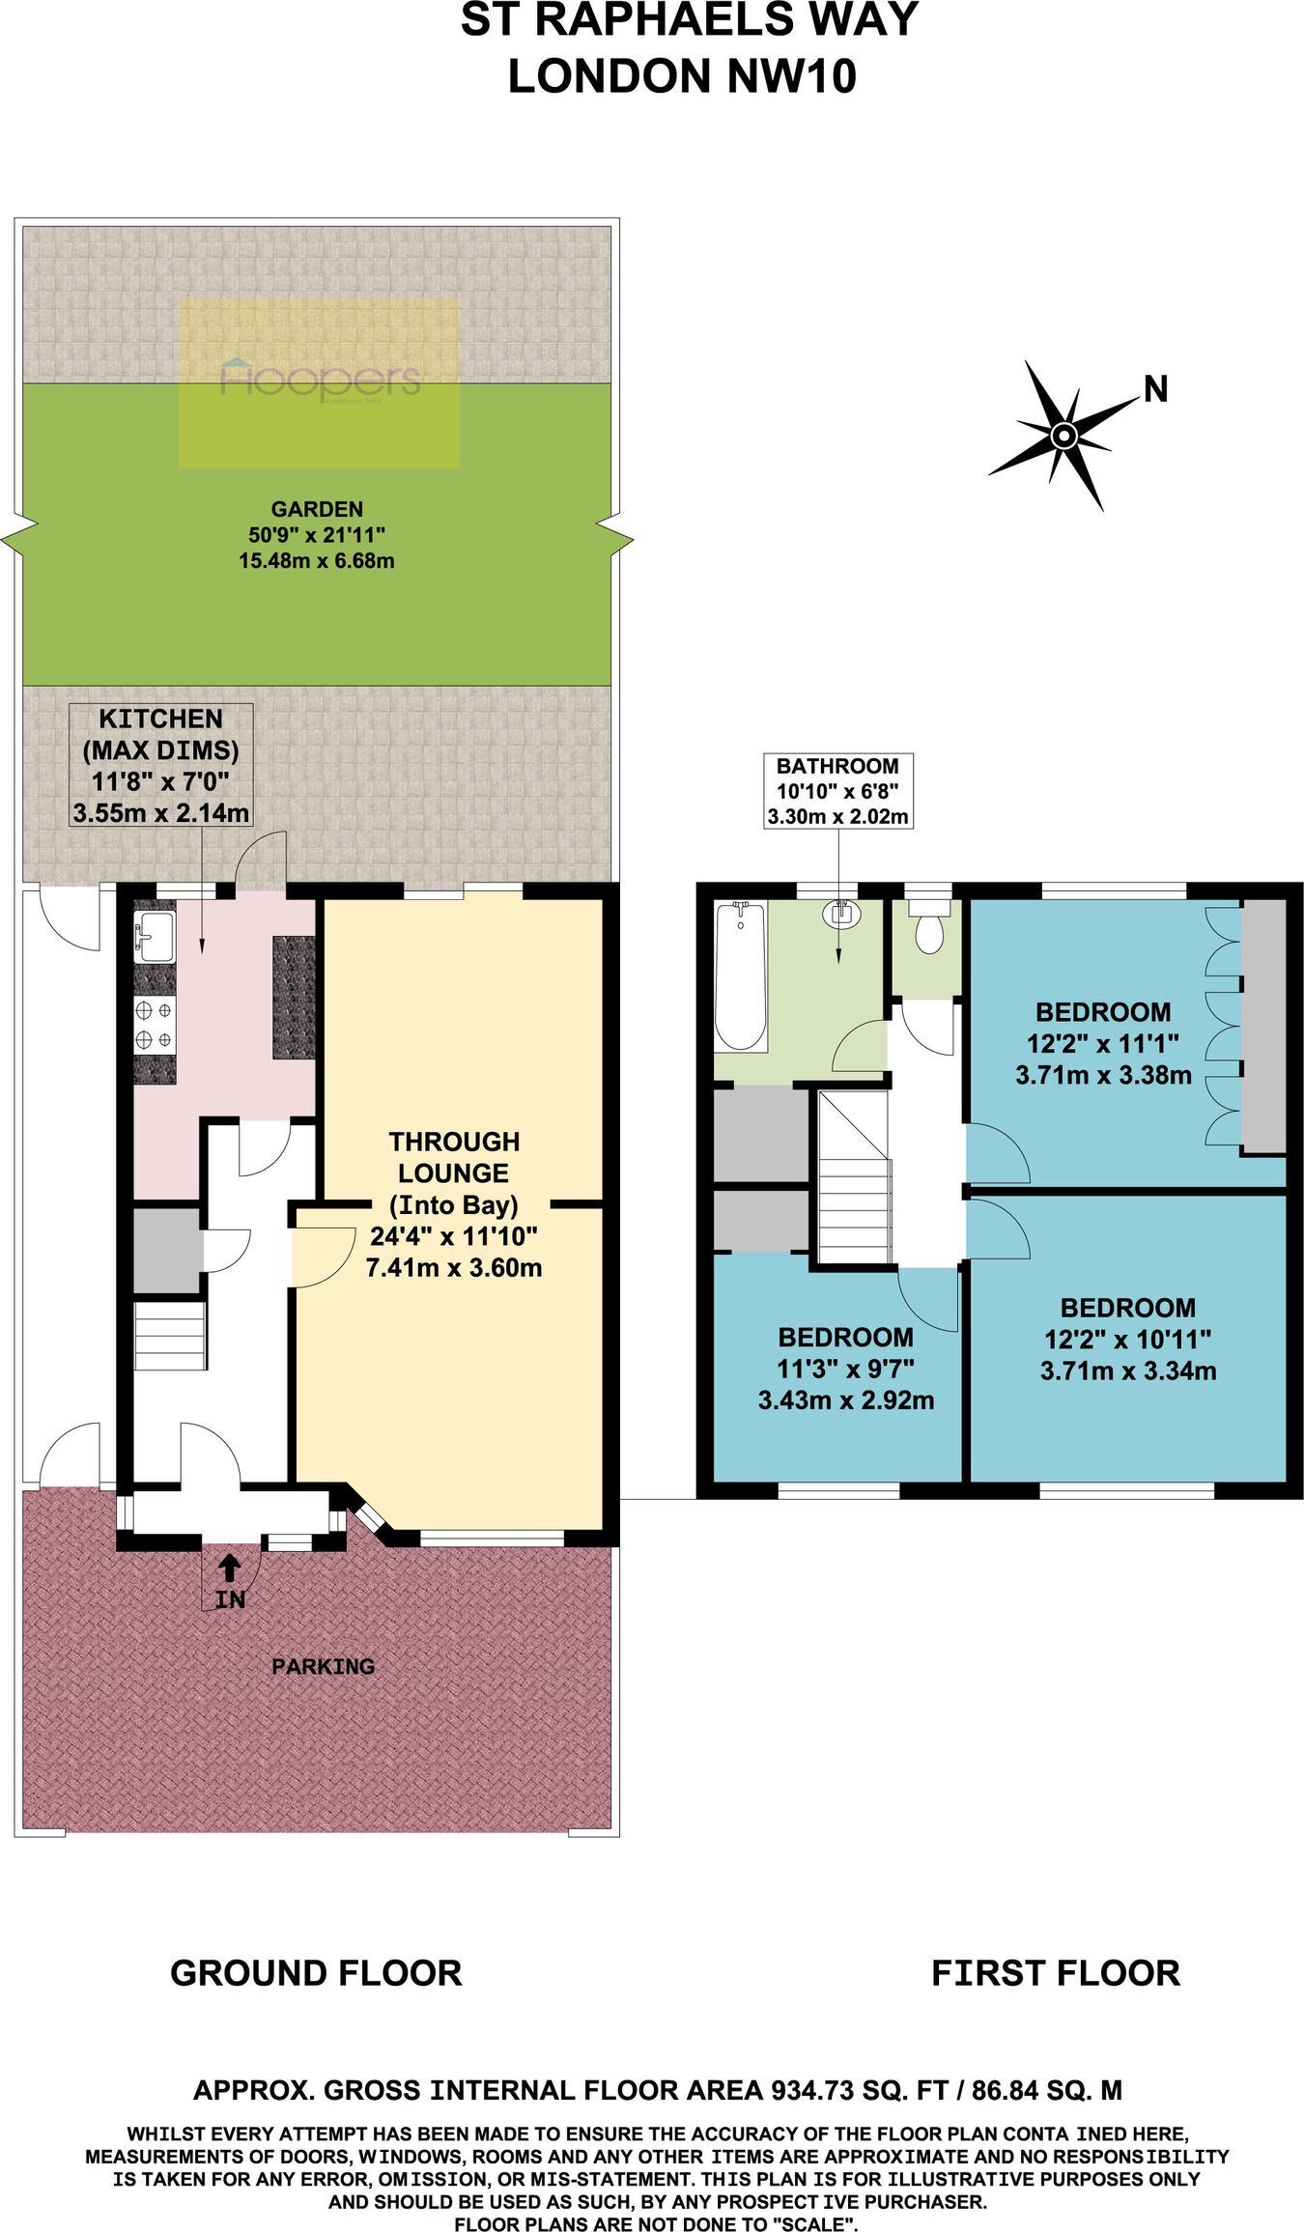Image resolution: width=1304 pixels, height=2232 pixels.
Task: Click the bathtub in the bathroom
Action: pos(740,975)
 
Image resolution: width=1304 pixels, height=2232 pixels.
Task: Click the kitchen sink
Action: pos(154,937)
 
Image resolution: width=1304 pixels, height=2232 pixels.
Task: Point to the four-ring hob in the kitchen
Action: pos(155,1025)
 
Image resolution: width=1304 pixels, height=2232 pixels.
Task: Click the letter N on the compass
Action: pos(1155,388)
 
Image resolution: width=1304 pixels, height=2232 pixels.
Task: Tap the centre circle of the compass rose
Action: pos(1063,436)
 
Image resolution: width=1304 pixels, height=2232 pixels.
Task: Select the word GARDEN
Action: pos(317,509)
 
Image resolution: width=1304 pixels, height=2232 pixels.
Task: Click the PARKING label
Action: pos(324,1666)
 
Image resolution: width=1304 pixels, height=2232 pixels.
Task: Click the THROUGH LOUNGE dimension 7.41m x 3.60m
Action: pos(454,1267)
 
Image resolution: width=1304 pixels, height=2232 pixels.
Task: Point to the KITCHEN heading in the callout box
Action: pos(161,719)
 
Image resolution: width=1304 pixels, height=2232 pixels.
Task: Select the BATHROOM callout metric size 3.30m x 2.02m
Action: pos(837,816)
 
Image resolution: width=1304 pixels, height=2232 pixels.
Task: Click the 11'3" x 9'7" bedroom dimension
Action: pos(846,1369)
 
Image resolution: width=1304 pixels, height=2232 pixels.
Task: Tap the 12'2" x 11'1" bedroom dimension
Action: pos(1103,1043)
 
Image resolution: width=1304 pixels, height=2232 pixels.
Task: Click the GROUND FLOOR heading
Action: pos(316,1972)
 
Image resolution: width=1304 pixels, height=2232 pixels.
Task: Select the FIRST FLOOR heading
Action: pos(1056,1972)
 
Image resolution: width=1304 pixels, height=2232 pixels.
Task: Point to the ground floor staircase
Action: pos(170,1336)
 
